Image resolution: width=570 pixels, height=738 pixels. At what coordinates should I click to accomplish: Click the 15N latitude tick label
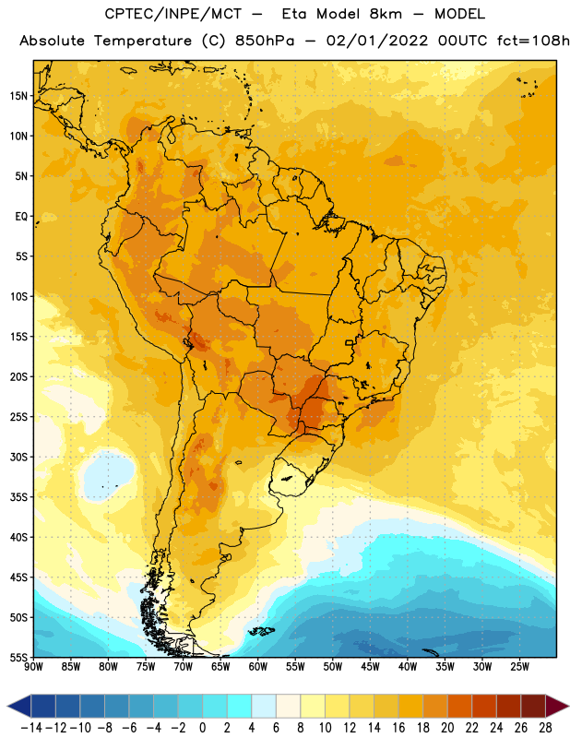pyautogui.click(x=18, y=96)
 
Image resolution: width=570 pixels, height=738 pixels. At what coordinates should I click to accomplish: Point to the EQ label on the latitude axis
pyautogui.click(x=21, y=217)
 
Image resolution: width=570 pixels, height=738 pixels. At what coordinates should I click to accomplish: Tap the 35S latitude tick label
pyautogui.click(x=18, y=497)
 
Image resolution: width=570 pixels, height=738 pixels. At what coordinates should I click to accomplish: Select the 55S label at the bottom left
pyautogui.click(x=18, y=658)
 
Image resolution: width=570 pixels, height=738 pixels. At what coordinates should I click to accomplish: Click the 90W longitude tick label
pyautogui.click(x=33, y=667)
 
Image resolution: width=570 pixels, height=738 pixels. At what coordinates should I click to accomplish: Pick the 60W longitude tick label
pyautogui.click(x=258, y=667)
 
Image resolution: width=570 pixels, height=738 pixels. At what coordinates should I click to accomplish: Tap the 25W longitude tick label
pyautogui.click(x=519, y=667)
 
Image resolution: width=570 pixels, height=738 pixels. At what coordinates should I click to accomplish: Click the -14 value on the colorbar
pyautogui.click(x=31, y=728)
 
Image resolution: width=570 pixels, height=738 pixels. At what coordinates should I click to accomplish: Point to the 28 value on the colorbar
pyautogui.click(x=545, y=728)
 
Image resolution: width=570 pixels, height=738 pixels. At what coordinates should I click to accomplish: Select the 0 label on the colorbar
pyautogui.click(x=203, y=728)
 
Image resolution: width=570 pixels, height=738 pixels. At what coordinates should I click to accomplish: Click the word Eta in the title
pyautogui.click(x=294, y=14)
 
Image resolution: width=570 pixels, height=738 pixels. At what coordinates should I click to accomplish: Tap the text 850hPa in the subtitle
pyautogui.click(x=265, y=41)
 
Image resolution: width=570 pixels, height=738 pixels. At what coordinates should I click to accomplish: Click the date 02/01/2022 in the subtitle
pyautogui.click(x=377, y=41)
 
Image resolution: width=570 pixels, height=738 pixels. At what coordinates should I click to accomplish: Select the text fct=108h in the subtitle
pyautogui.click(x=533, y=41)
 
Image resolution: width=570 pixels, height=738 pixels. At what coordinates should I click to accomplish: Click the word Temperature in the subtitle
pyautogui.click(x=143, y=41)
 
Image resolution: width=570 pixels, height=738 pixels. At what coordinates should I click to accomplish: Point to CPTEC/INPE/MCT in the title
pyautogui.click(x=173, y=14)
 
